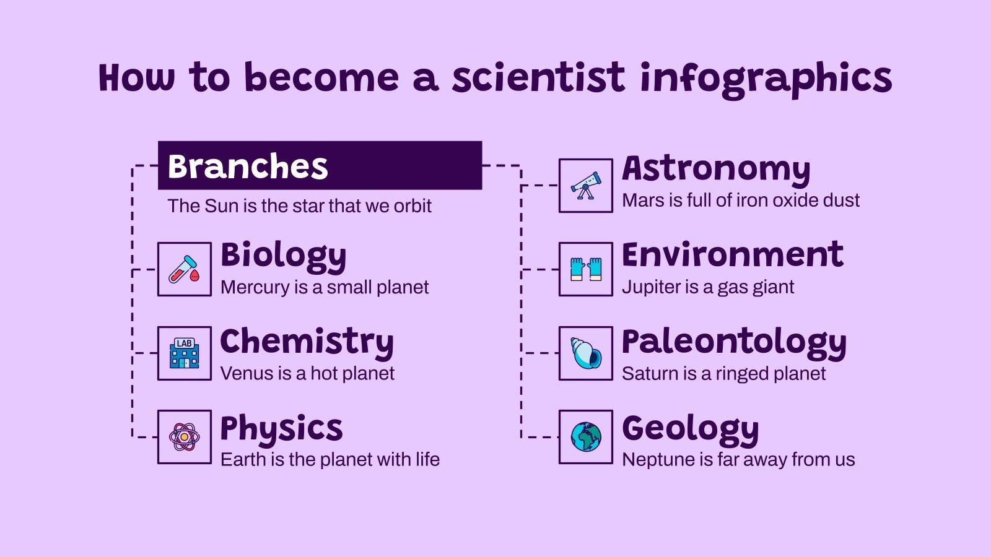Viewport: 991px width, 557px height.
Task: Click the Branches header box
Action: [320, 165]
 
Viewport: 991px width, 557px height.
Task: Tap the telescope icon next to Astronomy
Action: [585, 186]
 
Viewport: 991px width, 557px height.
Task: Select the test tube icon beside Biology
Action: [184, 269]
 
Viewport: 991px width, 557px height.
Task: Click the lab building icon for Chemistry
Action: [184, 353]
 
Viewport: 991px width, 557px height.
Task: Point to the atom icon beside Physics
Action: [184, 437]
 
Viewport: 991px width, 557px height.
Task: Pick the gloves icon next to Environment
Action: [585, 269]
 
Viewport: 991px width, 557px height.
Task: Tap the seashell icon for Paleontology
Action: [585, 353]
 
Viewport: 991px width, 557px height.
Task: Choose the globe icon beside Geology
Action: [585, 437]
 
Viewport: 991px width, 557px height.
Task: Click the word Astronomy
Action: [716, 169]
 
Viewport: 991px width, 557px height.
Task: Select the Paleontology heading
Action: [734, 342]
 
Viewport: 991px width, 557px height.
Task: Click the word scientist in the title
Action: [538, 78]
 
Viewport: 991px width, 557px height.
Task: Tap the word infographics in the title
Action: [766, 79]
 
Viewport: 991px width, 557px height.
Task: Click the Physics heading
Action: [281, 429]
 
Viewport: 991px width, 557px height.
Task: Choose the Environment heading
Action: [732, 254]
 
